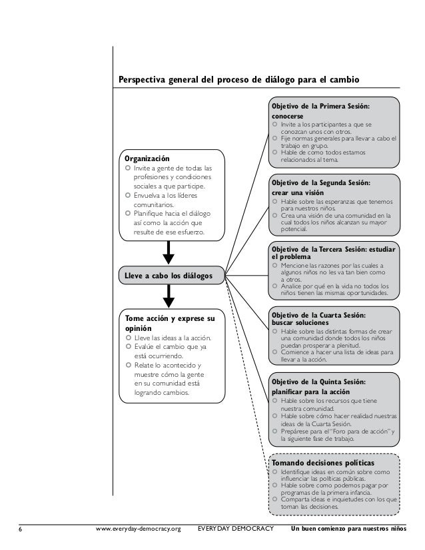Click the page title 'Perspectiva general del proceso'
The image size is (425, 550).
pyautogui.click(x=238, y=81)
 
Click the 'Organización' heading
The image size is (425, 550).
pyautogui.click(x=144, y=158)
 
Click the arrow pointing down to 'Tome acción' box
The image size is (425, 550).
pyautogui.click(x=169, y=295)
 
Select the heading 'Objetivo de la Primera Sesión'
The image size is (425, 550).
pyautogui.click(x=320, y=106)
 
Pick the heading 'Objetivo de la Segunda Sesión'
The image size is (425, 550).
pyautogui.click(x=320, y=182)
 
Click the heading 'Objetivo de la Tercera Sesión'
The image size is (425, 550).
pyautogui.click(x=332, y=250)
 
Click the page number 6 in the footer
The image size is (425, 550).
pyautogui.click(x=20, y=530)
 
